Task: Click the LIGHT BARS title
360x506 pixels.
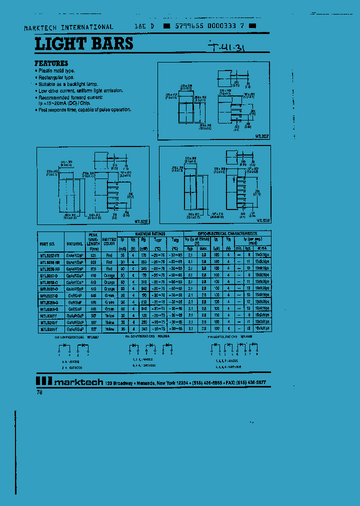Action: point(84,44)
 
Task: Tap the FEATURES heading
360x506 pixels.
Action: point(51,63)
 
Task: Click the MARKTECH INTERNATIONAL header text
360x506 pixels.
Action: point(69,27)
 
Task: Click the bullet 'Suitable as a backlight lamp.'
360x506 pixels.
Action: point(68,84)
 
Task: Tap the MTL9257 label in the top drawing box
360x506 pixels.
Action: point(262,136)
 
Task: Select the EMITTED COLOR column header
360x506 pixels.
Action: point(108,241)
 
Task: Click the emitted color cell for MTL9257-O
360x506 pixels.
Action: point(109,275)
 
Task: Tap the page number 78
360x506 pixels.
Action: point(39,393)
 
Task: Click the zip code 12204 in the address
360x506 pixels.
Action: point(181,382)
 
